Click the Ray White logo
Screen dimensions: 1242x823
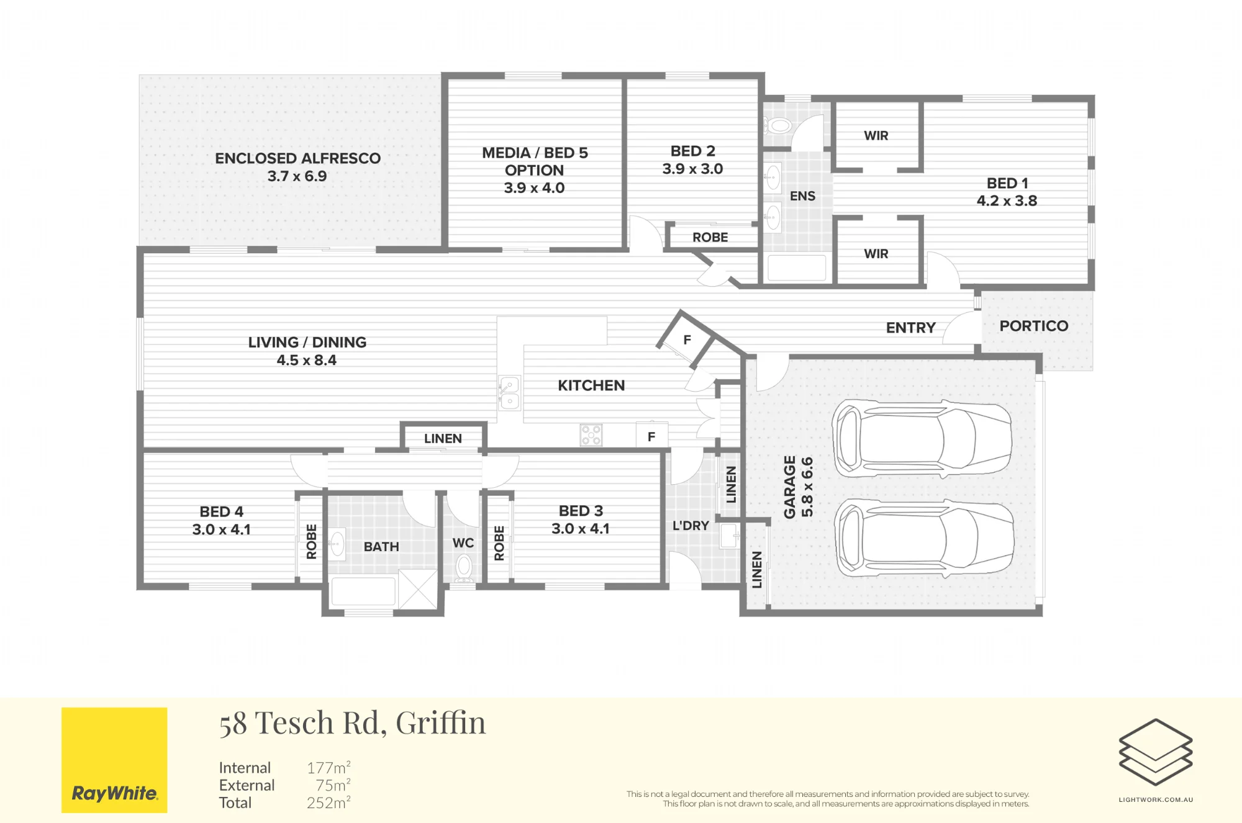click(x=114, y=760)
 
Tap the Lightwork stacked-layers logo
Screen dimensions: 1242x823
click(x=1156, y=752)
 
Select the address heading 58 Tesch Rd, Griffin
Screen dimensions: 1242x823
click(x=352, y=723)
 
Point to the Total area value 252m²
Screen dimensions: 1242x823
click(x=329, y=803)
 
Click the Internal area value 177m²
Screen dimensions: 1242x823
click(x=329, y=768)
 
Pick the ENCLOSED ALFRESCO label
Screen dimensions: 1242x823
click(x=297, y=158)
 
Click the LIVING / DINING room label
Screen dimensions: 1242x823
click(x=307, y=342)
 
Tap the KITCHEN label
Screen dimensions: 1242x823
click(x=591, y=385)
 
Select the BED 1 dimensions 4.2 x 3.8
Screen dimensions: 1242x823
click(x=1007, y=200)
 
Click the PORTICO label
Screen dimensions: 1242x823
click(x=1034, y=326)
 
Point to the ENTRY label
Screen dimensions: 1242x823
click(x=910, y=328)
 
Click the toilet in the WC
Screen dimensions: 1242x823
click(x=463, y=568)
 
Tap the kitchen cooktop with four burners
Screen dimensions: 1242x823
click(x=591, y=435)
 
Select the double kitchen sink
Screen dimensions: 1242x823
click(x=509, y=393)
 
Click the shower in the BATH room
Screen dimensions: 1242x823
click(x=418, y=588)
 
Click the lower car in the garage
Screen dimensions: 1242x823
click(x=925, y=537)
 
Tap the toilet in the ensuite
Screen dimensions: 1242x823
click(x=777, y=127)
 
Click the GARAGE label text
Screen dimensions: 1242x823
click(x=789, y=487)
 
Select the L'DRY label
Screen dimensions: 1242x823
click(x=691, y=526)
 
